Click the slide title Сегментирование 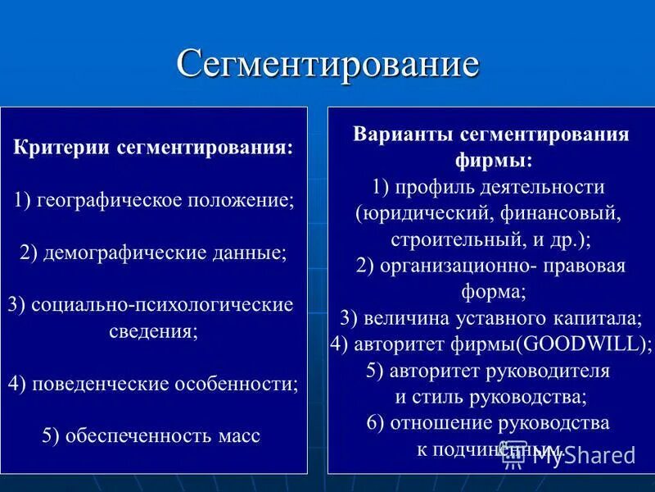coord(327,64)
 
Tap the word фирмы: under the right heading coord(490,160)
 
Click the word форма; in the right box coord(490,291)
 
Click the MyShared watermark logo coord(570,456)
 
